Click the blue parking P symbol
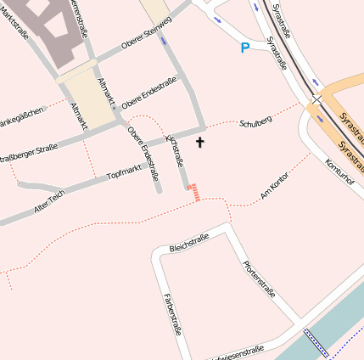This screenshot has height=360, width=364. click(x=245, y=48)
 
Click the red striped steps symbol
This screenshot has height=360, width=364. click(x=194, y=193)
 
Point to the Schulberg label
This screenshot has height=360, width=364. click(x=255, y=123)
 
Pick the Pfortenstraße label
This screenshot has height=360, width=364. click(x=259, y=279)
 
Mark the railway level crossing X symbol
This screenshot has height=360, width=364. click(x=316, y=99)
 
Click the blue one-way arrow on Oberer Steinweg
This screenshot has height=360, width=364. click(x=163, y=39)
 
